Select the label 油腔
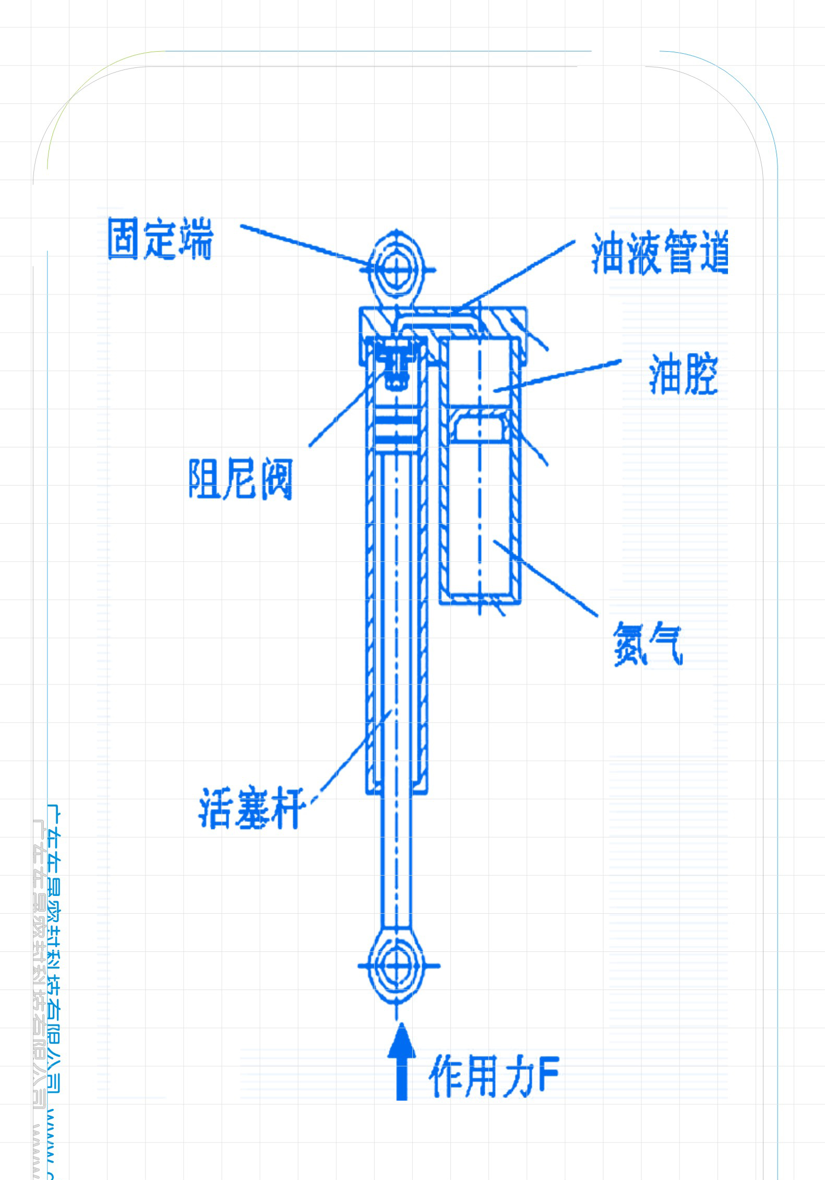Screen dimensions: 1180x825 [x=683, y=374]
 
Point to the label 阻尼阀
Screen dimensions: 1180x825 [x=240, y=479]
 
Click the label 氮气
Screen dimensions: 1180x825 [x=647, y=644]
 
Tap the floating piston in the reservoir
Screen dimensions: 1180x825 [x=480, y=426]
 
